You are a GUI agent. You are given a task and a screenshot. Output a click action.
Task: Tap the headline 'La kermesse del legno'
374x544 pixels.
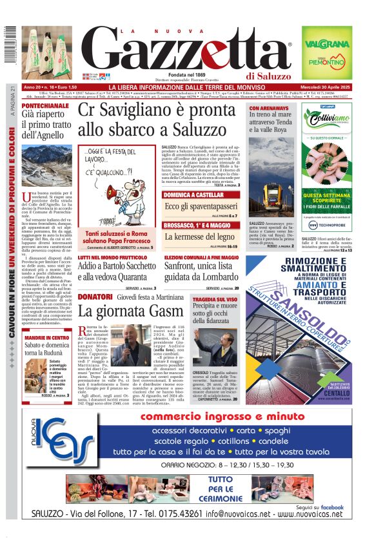coord(198,237)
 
